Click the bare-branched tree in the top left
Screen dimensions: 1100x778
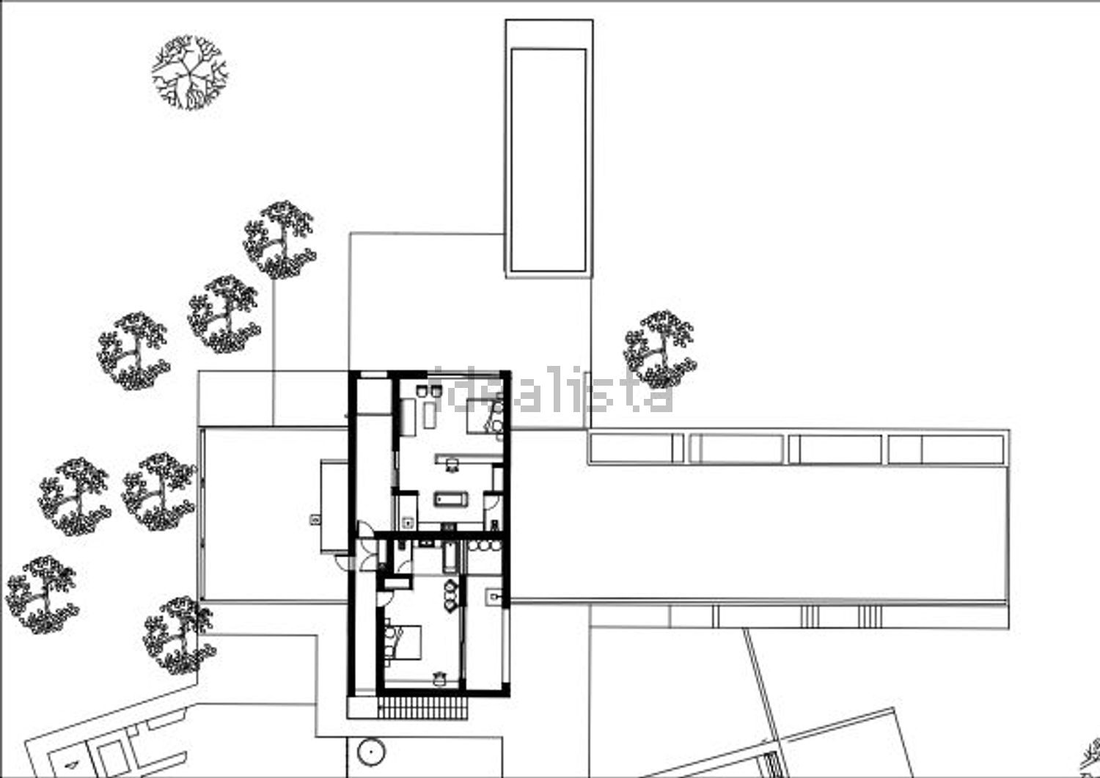(189, 72)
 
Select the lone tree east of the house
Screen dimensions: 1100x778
(660, 349)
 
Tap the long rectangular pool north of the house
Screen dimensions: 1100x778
(549, 160)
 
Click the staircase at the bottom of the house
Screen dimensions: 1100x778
(423, 708)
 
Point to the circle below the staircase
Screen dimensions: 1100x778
(371, 752)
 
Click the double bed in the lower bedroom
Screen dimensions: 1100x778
(403, 642)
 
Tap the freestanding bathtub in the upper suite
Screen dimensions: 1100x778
(451, 499)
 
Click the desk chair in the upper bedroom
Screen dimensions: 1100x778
(452, 465)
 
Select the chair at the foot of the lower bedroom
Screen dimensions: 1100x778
(439, 678)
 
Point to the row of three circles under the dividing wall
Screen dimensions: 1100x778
(484, 546)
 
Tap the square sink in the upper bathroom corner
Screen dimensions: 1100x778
(407, 523)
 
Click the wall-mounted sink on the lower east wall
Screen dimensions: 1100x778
(494, 598)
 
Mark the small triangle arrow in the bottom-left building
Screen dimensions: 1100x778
(72, 764)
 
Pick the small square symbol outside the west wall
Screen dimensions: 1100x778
(315, 519)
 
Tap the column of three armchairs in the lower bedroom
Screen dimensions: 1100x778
(451, 595)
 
